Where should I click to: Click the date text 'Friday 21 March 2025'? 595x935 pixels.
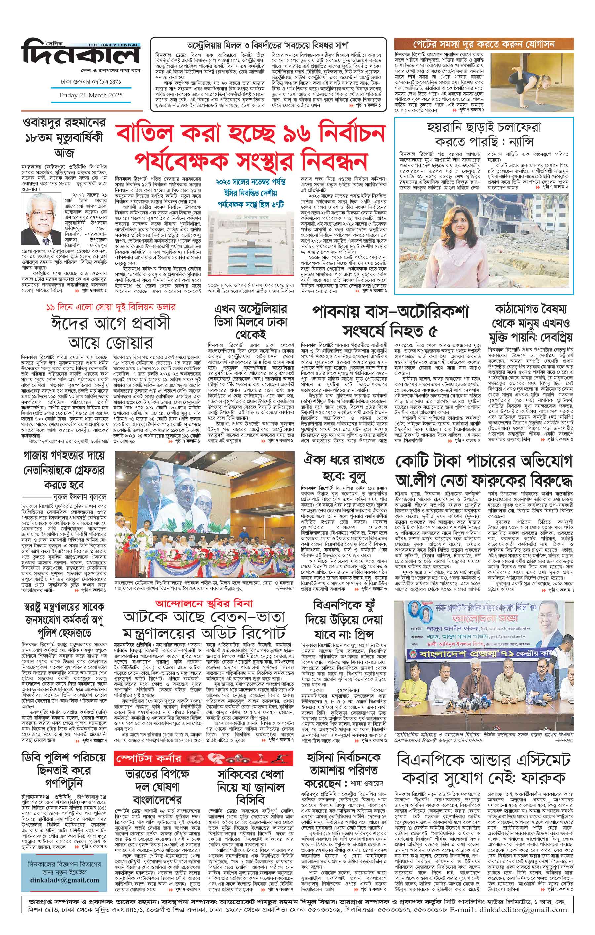click(91, 95)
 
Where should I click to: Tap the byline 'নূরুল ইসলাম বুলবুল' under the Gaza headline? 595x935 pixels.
click(80, 497)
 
